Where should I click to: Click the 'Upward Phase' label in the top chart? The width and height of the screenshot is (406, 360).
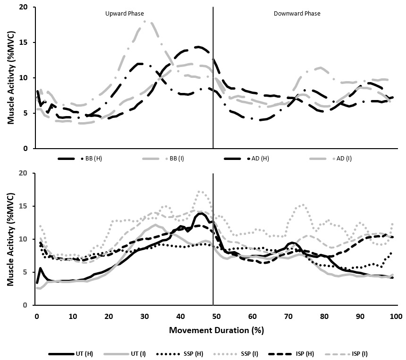124,14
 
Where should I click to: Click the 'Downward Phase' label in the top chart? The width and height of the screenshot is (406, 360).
297,14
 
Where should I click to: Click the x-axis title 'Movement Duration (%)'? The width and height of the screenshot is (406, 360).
216,330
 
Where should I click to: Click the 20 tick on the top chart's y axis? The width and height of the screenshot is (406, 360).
24,8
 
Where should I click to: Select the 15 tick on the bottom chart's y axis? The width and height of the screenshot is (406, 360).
24,206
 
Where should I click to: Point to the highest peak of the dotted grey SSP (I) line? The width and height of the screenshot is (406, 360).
200,191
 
